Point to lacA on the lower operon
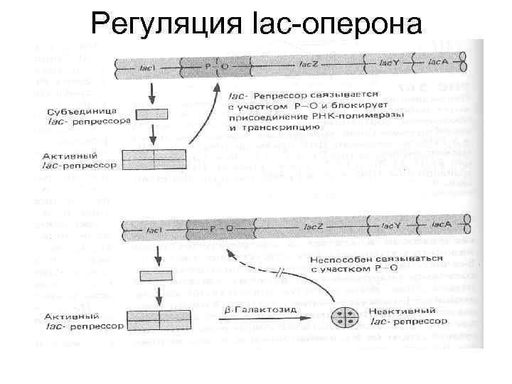click(439, 226)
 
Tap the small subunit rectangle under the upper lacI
click(151, 114)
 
